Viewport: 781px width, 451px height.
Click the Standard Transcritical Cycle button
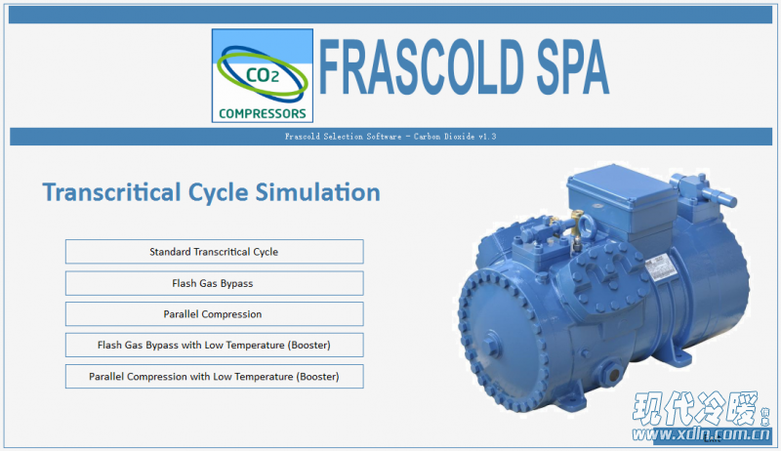point(214,252)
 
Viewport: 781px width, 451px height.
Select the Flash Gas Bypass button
point(214,283)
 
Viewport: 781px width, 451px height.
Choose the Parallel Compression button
point(214,314)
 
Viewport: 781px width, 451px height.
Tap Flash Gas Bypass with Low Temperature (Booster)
point(214,345)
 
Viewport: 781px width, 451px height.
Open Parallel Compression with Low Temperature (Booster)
point(214,377)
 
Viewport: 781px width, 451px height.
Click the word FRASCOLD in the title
point(422,67)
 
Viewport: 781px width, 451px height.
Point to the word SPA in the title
point(573,67)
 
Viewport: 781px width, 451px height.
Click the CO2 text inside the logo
point(263,76)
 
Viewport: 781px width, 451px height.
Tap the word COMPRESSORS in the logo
point(263,114)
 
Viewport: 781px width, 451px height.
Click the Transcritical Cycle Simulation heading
point(211,192)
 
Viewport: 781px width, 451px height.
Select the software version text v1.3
point(487,137)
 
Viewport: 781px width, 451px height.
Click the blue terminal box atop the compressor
point(623,199)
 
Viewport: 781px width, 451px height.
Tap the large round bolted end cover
point(503,339)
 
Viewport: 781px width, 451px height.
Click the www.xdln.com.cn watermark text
point(701,434)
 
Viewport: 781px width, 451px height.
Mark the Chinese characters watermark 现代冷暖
point(695,408)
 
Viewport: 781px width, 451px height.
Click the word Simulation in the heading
point(318,192)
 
